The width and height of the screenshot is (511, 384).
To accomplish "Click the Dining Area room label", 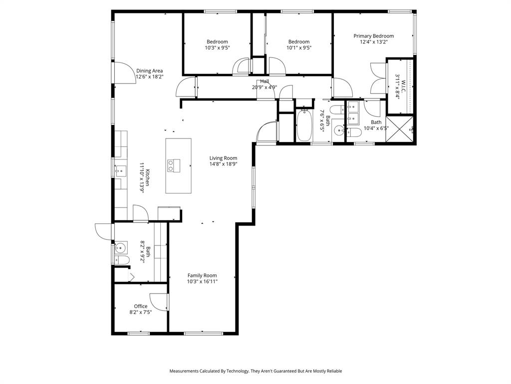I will [x=149, y=71].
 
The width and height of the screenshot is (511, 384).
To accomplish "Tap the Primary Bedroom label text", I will [x=373, y=36].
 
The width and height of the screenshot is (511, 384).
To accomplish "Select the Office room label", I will [x=140, y=306].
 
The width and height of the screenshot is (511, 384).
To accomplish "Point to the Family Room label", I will [x=202, y=275].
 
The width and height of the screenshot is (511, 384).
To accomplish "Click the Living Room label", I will [x=223, y=158].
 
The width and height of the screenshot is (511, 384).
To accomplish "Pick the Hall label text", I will [x=264, y=81].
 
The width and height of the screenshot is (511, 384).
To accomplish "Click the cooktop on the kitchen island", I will [x=174, y=165].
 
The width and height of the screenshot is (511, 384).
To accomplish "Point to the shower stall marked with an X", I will [x=400, y=129].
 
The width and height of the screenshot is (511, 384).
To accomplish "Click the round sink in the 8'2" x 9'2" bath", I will [x=121, y=247].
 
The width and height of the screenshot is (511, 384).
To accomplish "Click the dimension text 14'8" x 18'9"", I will [x=223, y=164].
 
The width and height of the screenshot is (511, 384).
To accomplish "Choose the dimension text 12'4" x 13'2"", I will [x=373, y=42].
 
